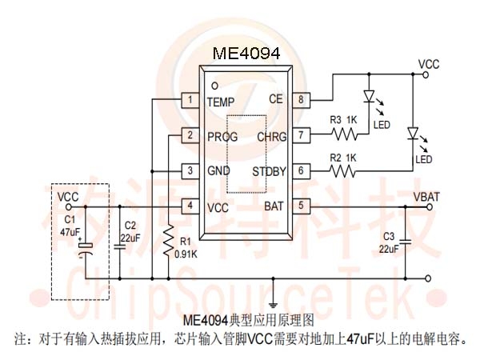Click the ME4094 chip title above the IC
[x=246, y=54]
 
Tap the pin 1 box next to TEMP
[x=190, y=100]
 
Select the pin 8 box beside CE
[x=301, y=100]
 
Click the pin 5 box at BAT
[x=301, y=206]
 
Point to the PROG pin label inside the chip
[x=222, y=137]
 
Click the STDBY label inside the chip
[x=269, y=171]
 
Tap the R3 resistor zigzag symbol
[x=344, y=134]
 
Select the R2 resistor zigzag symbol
[x=342, y=171]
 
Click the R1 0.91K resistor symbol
[x=168, y=241]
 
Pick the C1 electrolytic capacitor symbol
[x=86, y=249]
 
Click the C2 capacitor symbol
[x=120, y=246]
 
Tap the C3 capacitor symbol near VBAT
[x=406, y=242]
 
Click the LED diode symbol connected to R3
[x=369, y=96]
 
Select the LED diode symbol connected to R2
[x=413, y=134]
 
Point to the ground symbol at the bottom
[x=273, y=305]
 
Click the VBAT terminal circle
[x=430, y=207]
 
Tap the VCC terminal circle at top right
[x=426, y=74]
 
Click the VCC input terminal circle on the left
[x=68, y=207]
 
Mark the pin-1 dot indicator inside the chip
[x=215, y=86]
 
